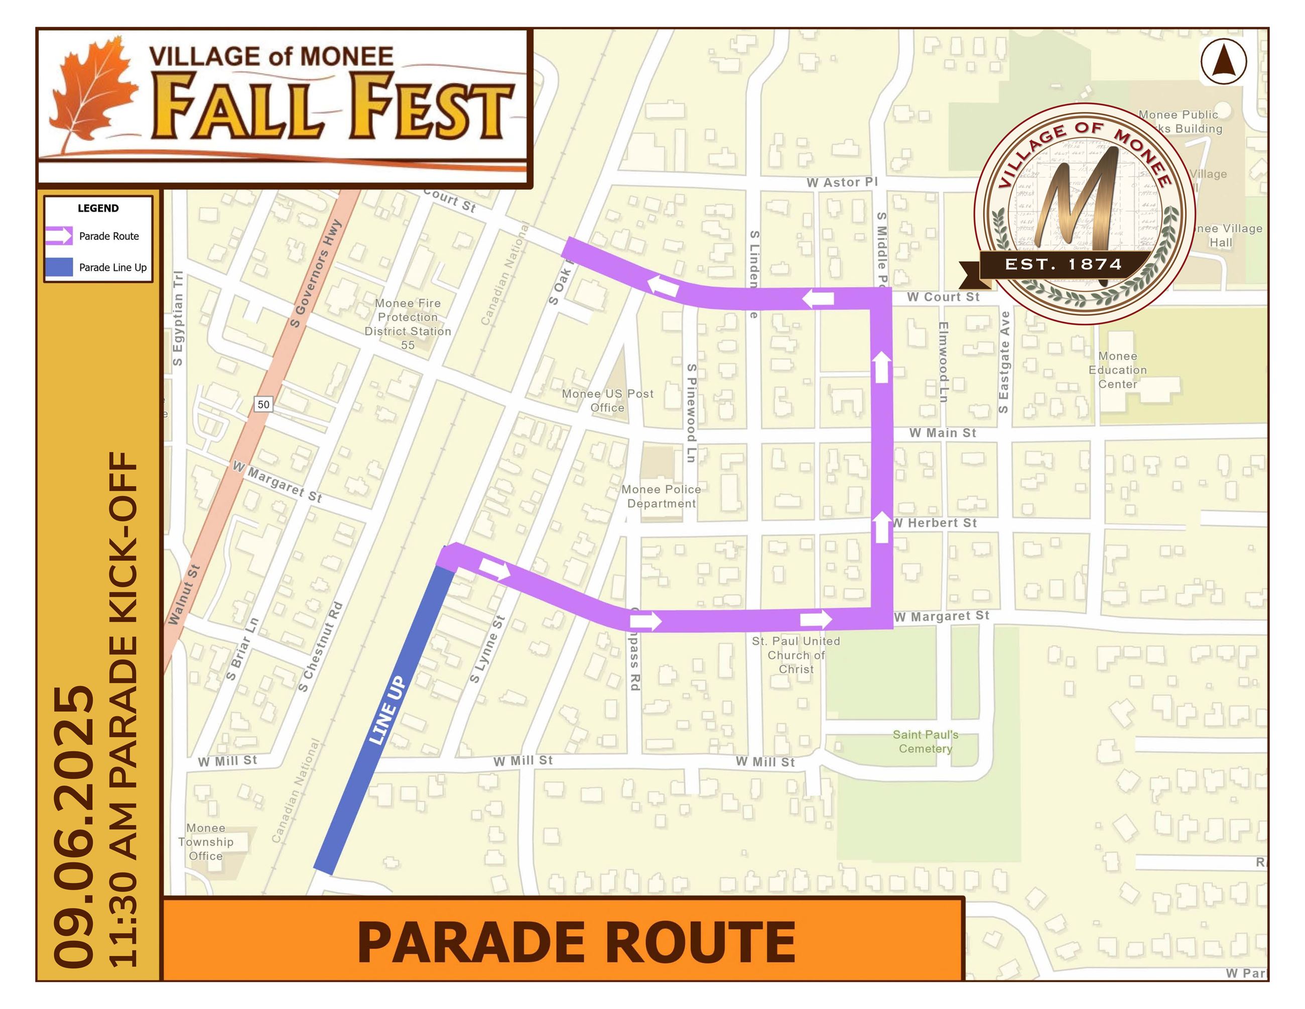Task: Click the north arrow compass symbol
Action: (1223, 62)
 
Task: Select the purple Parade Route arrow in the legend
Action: (59, 236)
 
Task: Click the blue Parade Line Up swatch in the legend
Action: (59, 267)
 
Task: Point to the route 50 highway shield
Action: (263, 405)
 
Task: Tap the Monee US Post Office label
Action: (607, 400)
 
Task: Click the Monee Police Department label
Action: (661, 496)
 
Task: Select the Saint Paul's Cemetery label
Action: (925, 741)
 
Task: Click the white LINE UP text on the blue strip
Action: (387, 711)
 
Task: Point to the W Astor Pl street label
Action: (841, 182)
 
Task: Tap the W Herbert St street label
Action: (936, 523)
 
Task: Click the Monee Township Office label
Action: (206, 842)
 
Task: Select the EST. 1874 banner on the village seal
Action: (1063, 264)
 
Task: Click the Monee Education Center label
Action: (1117, 370)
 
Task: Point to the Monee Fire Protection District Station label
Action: (408, 323)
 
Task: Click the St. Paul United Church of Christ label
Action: (796, 654)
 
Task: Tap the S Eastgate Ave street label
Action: (1004, 362)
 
